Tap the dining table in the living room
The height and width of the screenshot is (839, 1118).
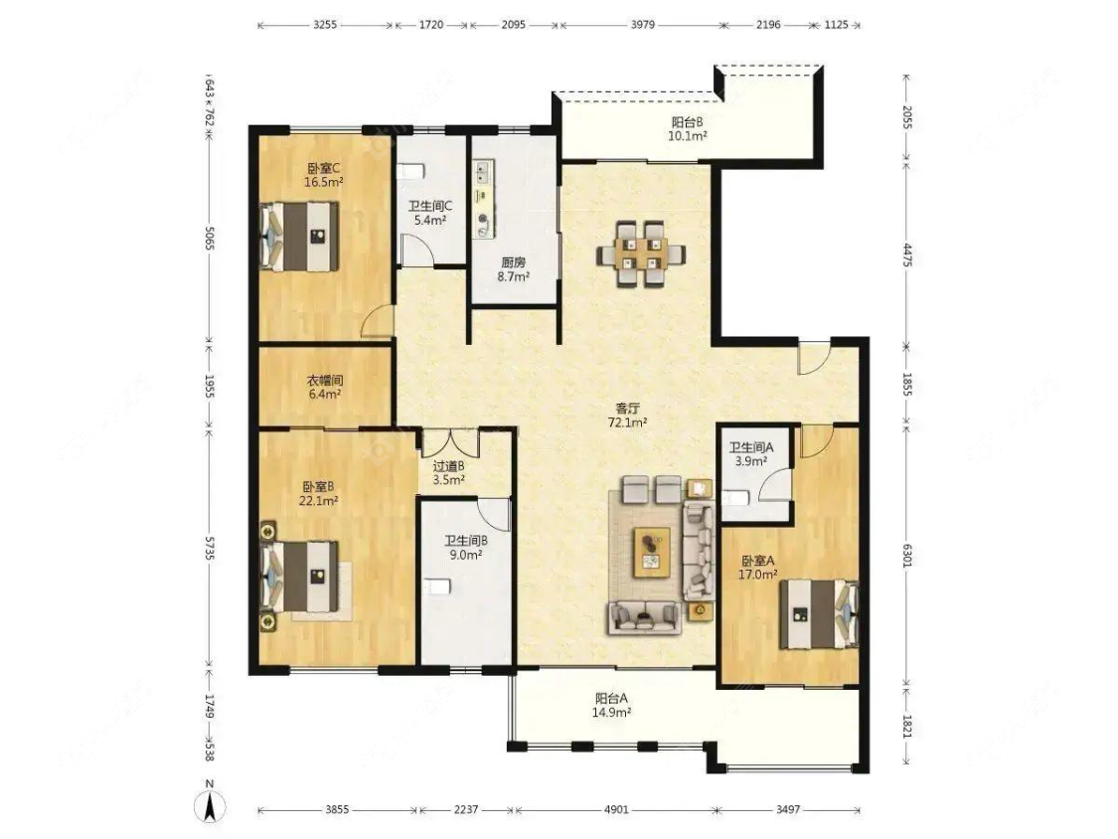640,253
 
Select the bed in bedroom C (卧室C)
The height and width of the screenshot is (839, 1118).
299,237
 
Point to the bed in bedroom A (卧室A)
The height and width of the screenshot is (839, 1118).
819,614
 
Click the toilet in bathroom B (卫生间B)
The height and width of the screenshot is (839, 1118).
435,587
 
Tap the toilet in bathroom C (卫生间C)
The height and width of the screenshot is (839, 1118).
409,171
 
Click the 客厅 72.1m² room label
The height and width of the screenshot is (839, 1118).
627,416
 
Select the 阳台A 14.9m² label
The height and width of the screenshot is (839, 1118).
612,706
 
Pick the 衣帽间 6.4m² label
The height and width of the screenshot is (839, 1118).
324,387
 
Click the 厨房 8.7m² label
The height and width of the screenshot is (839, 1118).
514,269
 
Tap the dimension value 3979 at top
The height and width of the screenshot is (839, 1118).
642,24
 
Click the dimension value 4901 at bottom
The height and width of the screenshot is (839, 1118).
616,809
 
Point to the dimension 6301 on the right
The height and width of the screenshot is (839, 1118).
907,555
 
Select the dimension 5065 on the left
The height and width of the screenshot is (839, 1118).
209,238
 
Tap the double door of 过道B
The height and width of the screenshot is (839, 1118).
449,443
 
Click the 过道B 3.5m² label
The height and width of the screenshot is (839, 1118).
448,472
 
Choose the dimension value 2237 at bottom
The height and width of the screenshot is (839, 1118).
466,809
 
